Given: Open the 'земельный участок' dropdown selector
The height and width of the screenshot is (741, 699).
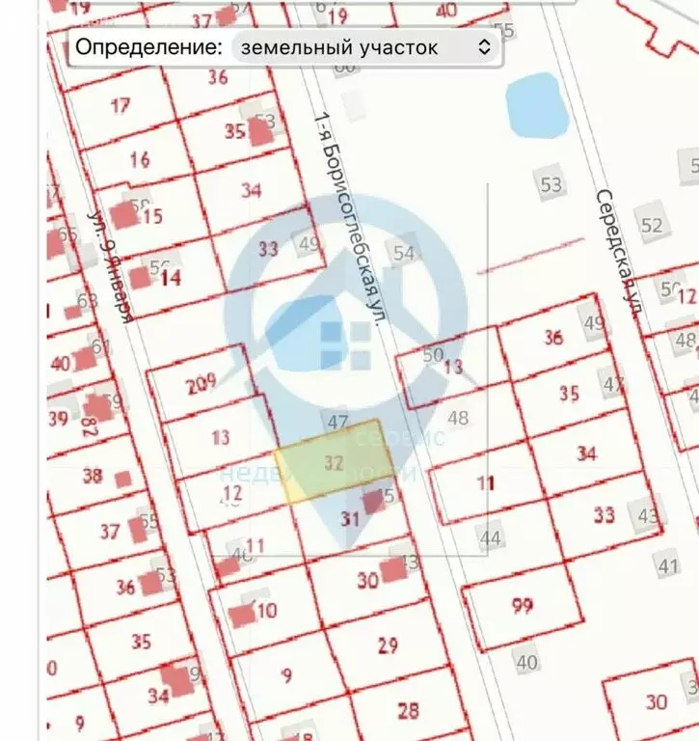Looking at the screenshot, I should tap(364, 46).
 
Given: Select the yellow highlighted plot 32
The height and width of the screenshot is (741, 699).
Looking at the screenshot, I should tap(334, 462).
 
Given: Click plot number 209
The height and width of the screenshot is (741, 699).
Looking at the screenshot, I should tap(201, 385).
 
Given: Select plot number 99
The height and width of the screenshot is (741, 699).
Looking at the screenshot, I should tap(523, 606).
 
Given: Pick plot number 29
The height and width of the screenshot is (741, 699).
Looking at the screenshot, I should tap(388, 645).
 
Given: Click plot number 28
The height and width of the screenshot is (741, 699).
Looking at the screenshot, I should tap(409, 711).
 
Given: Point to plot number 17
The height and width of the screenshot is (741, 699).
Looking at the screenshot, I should tap(120, 105).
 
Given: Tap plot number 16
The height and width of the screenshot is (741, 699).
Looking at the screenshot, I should tap(140, 159).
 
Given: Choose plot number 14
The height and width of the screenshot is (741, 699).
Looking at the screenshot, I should tap(171, 279).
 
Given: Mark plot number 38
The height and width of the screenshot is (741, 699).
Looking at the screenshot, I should tap(93, 475).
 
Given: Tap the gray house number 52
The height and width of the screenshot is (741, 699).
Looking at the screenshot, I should tap(653, 225).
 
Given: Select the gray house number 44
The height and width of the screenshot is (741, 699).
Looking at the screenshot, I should tap(491, 537).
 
